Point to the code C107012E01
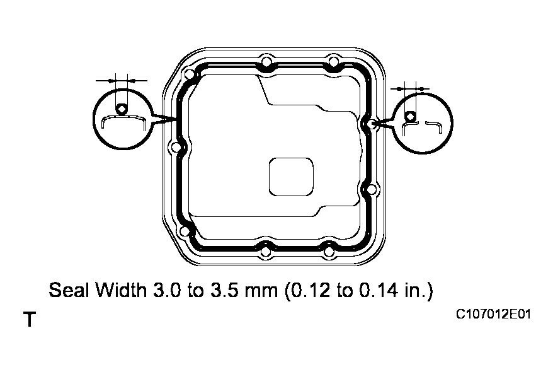click(493, 313)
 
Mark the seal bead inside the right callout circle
click(409, 116)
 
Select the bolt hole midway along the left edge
click(175, 149)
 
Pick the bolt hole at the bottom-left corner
click(184, 231)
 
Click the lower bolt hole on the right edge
click(371, 189)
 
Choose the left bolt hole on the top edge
click(266, 62)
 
